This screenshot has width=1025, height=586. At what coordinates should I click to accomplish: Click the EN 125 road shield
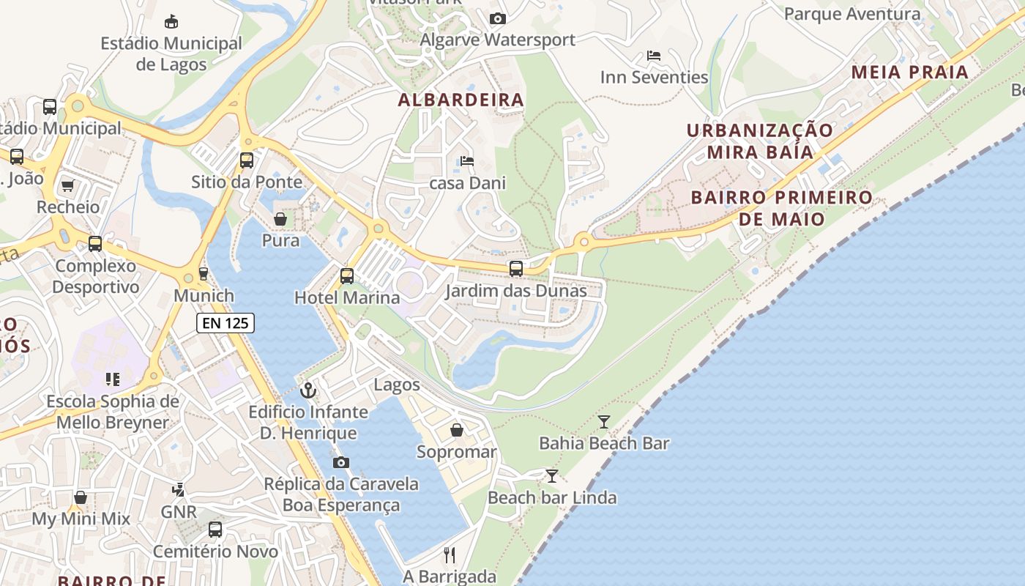225,322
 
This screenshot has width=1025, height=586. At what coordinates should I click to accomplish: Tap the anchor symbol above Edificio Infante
308,390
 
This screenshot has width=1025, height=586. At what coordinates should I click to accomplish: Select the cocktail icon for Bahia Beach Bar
604,421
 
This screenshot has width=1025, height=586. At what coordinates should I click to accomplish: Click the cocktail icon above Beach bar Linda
552,476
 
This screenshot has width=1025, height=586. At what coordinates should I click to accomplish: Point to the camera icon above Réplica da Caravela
341,462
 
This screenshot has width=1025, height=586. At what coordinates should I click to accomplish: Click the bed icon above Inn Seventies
654,55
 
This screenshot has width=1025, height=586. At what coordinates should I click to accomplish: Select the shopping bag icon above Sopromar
457,429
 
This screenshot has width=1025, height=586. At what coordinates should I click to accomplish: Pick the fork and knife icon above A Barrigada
450,555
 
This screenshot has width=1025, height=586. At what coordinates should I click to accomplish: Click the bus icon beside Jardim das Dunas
516,269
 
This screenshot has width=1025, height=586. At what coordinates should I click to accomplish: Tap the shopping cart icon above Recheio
68,185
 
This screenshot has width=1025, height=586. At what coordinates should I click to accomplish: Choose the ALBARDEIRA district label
461,100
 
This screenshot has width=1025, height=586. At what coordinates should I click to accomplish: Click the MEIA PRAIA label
910,73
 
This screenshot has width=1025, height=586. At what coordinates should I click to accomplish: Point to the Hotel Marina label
347,297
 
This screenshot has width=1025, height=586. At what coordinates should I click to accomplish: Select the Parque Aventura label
852,14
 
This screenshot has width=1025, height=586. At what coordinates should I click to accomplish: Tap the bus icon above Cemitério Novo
215,529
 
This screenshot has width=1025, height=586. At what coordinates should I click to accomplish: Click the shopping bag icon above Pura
280,218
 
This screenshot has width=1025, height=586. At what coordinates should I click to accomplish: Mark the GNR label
179,511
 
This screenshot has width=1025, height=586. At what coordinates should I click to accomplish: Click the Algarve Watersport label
498,40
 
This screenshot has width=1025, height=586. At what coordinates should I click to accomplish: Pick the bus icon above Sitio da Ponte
247,160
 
